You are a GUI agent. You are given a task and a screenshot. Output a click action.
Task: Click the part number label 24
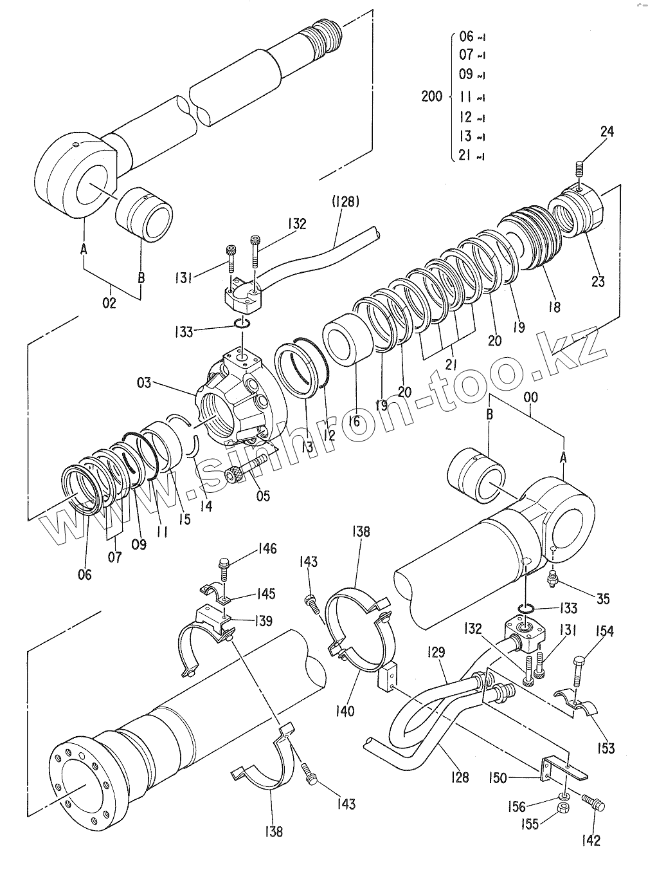click(x=607, y=131)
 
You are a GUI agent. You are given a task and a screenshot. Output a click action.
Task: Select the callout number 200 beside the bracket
click(x=432, y=96)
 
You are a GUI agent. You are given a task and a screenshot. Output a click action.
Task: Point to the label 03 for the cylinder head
click(x=144, y=383)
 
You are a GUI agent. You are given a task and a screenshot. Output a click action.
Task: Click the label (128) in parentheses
click(x=346, y=202)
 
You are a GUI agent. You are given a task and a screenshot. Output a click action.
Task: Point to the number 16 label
click(x=354, y=421)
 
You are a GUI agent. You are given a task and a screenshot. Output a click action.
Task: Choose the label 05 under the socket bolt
click(x=263, y=495)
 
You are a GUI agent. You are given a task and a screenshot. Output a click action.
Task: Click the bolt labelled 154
click(x=577, y=671)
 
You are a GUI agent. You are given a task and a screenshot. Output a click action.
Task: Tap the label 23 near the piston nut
click(x=598, y=282)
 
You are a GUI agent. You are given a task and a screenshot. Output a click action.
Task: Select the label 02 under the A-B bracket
click(x=109, y=303)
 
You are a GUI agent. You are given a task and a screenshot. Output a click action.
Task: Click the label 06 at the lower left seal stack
click(x=85, y=575)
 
